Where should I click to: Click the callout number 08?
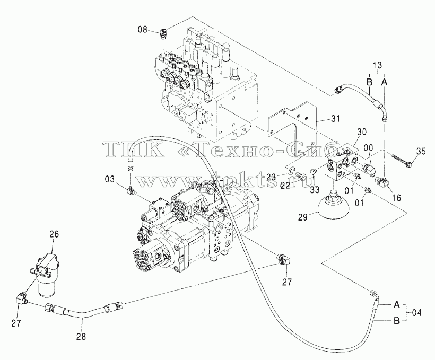click(143, 29)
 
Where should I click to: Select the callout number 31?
click(335, 118)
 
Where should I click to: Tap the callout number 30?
click(361, 131)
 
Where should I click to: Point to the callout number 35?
click(421, 151)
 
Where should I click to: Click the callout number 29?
click(303, 217)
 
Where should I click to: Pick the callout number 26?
click(54, 234)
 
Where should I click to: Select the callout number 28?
click(82, 337)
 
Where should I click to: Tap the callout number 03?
click(110, 179)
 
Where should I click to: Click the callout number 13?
click(377, 65)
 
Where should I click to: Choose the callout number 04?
click(416, 313)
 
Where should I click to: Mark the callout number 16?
click(397, 198)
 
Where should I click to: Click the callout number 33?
click(315, 190)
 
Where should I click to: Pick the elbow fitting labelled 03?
click(130, 190)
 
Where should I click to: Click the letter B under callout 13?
click(369, 82)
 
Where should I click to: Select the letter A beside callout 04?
click(397, 304)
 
